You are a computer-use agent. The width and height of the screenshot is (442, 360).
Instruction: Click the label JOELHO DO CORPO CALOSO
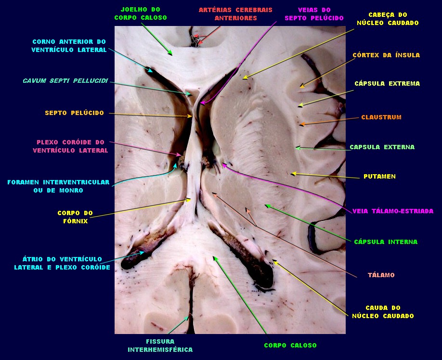pos(141,13)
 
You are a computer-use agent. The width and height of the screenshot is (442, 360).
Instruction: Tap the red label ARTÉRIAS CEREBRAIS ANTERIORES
pos(235,13)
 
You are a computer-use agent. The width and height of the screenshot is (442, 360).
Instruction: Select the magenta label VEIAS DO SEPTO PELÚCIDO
pos(314,13)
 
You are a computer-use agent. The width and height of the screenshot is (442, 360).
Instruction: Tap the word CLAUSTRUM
pos(381,117)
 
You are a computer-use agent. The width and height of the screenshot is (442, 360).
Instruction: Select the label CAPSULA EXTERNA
pos(382,147)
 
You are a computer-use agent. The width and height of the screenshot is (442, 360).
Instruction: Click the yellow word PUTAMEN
pos(379,177)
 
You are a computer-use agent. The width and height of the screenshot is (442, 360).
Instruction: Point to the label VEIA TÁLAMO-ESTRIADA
pos(393,211)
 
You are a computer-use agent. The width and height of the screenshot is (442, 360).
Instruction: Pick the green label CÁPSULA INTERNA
pos(386,242)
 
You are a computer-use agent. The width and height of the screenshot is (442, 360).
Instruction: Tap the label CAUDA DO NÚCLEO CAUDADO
pos(383,312)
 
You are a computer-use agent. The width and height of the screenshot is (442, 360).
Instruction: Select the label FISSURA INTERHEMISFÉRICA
pos(160,345)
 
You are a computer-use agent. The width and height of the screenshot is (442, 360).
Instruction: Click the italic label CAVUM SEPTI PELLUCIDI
pos(65,80)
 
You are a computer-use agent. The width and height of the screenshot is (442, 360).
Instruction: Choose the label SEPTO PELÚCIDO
pos(74,113)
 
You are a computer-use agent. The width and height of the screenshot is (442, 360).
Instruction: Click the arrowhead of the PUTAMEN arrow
pos(292,173)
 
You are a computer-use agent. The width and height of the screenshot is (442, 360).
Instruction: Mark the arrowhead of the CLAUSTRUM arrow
pos(301,125)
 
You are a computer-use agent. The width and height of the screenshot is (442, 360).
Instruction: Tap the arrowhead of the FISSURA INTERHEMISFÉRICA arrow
pos(189,316)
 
